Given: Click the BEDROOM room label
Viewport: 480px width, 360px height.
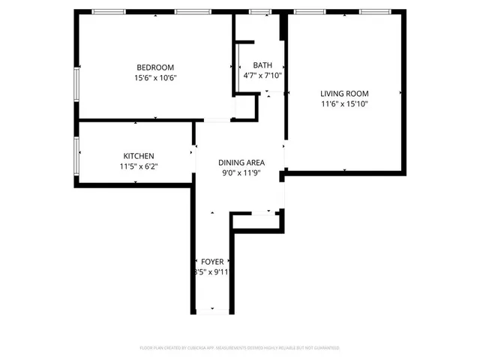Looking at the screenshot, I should click(155, 66).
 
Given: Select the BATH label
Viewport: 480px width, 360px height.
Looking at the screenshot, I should click(262, 64).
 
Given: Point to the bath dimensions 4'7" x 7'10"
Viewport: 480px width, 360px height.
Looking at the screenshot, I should click(262, 76).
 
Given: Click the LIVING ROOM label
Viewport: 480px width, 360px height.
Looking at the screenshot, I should click(344, 93).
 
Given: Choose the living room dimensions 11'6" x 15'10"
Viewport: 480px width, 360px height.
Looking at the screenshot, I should click(344, 105).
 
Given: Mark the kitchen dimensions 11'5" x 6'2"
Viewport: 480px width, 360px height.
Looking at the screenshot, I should click(138, 167).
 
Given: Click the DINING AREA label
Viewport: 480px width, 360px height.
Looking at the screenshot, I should click(241, 163).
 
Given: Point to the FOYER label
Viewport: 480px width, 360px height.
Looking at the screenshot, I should click(212, 261).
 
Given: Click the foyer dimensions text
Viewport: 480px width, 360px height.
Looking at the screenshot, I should click(212, 272).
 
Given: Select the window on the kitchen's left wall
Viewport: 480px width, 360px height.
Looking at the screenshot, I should click(77, 155).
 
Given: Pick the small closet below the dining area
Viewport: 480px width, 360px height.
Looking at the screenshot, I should click(256, 220).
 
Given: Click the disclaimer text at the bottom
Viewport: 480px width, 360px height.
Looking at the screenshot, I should click(240, 348).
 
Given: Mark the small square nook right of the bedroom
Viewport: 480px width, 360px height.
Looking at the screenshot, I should click(246, 107).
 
